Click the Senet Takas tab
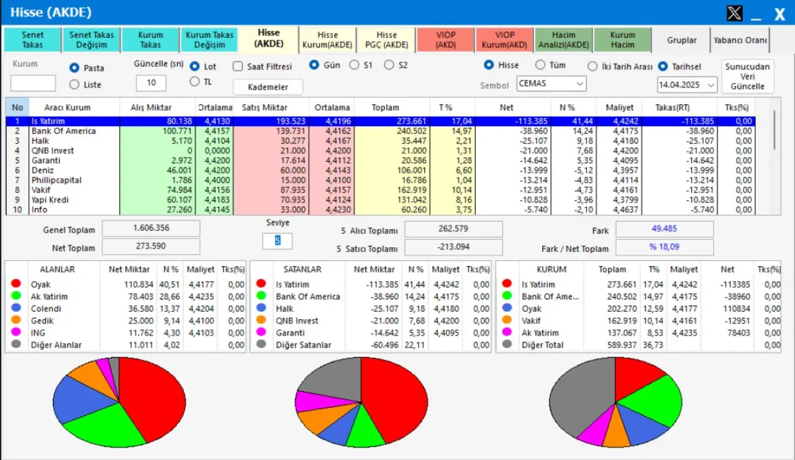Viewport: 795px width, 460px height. click(x=32, y=40)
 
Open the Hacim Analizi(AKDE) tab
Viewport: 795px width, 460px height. click(x=563, y=40)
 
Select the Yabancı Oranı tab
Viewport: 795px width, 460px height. click(x=740, y=40)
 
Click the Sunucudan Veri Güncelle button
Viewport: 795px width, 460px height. click(x=748, y=76)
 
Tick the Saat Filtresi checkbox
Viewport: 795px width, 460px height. click(x=238, y=66)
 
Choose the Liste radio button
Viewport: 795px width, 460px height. click(x=75, y=84)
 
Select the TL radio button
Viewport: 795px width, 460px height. click(x=194, y=81)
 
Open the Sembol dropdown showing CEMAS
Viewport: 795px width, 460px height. click(x=551, y=84)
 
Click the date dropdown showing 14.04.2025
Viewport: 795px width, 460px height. click(x=687, y=84)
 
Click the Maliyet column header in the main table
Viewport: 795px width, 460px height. click(x=619, y=107)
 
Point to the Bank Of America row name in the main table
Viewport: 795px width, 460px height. click(x=63, y=131)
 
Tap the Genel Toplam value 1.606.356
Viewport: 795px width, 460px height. click(x=151, y=228)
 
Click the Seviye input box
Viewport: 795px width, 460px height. click(x=277, y=241)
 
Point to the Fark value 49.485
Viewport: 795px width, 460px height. click(x=665, y=229)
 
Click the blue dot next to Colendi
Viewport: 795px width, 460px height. click(x=16, y=309)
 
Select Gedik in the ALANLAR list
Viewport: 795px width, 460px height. click(x=42, y=321)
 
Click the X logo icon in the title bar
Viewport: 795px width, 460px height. click(x=734, y=13)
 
